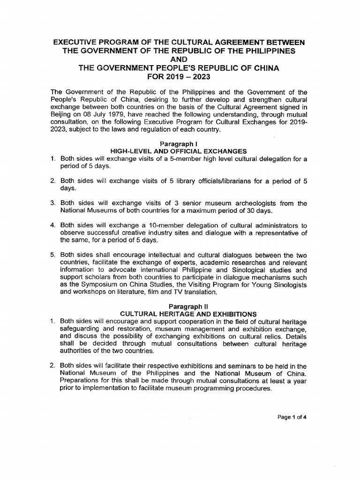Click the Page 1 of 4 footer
pyautogui.click(x=292, y=416)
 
